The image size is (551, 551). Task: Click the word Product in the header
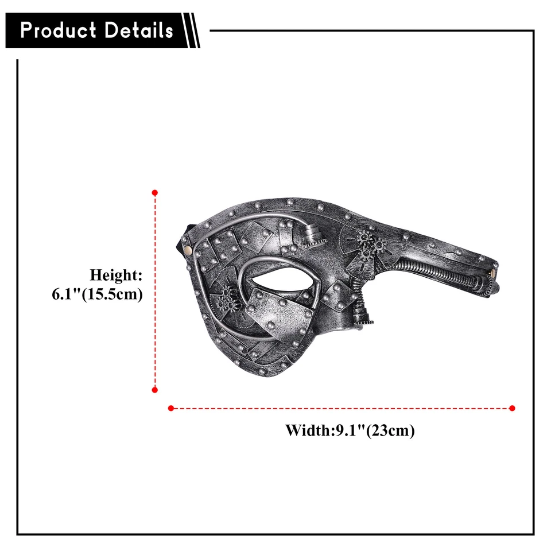coord(57,30)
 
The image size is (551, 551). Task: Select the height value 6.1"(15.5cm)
coord(97,294)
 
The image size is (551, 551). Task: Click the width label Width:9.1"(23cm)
coord(350,430)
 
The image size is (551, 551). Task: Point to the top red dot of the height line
coord(154,192)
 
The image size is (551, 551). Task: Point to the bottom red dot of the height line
coord(154,390)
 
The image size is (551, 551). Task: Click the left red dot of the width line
coord(170,408)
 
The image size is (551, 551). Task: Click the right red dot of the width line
coord(512,408)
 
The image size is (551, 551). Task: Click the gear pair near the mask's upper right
coord(371,244)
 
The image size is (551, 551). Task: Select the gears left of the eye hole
coord(227,297)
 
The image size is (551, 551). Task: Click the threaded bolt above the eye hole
coord(310,234)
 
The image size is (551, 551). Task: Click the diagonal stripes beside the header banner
coord(192,30)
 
